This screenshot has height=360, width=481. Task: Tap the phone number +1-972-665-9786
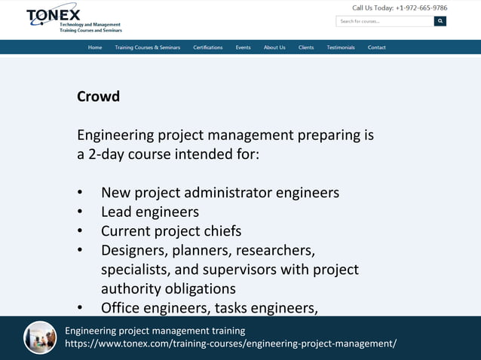point(421,8)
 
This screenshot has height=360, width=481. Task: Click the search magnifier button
point(440,21)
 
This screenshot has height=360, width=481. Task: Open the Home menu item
point(95,47)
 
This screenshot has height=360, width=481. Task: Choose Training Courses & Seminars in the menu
point(147,47)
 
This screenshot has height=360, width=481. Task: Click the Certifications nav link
point(207,47)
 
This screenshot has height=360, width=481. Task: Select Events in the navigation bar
point(243,47)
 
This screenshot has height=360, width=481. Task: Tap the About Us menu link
point(274,47)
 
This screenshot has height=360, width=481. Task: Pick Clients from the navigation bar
point(306,47)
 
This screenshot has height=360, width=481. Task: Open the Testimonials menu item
point(341,47)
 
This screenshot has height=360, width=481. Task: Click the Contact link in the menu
point(377,47)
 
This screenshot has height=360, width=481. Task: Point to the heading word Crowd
point(98,97)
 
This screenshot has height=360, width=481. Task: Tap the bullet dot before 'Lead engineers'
point(81,212)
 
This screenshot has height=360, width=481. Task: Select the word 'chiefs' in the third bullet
point(222,231)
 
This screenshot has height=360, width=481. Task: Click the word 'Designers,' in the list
point(134,250)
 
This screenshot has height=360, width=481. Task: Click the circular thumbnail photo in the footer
point(40,337)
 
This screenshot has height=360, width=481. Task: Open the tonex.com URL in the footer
point(231,343)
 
